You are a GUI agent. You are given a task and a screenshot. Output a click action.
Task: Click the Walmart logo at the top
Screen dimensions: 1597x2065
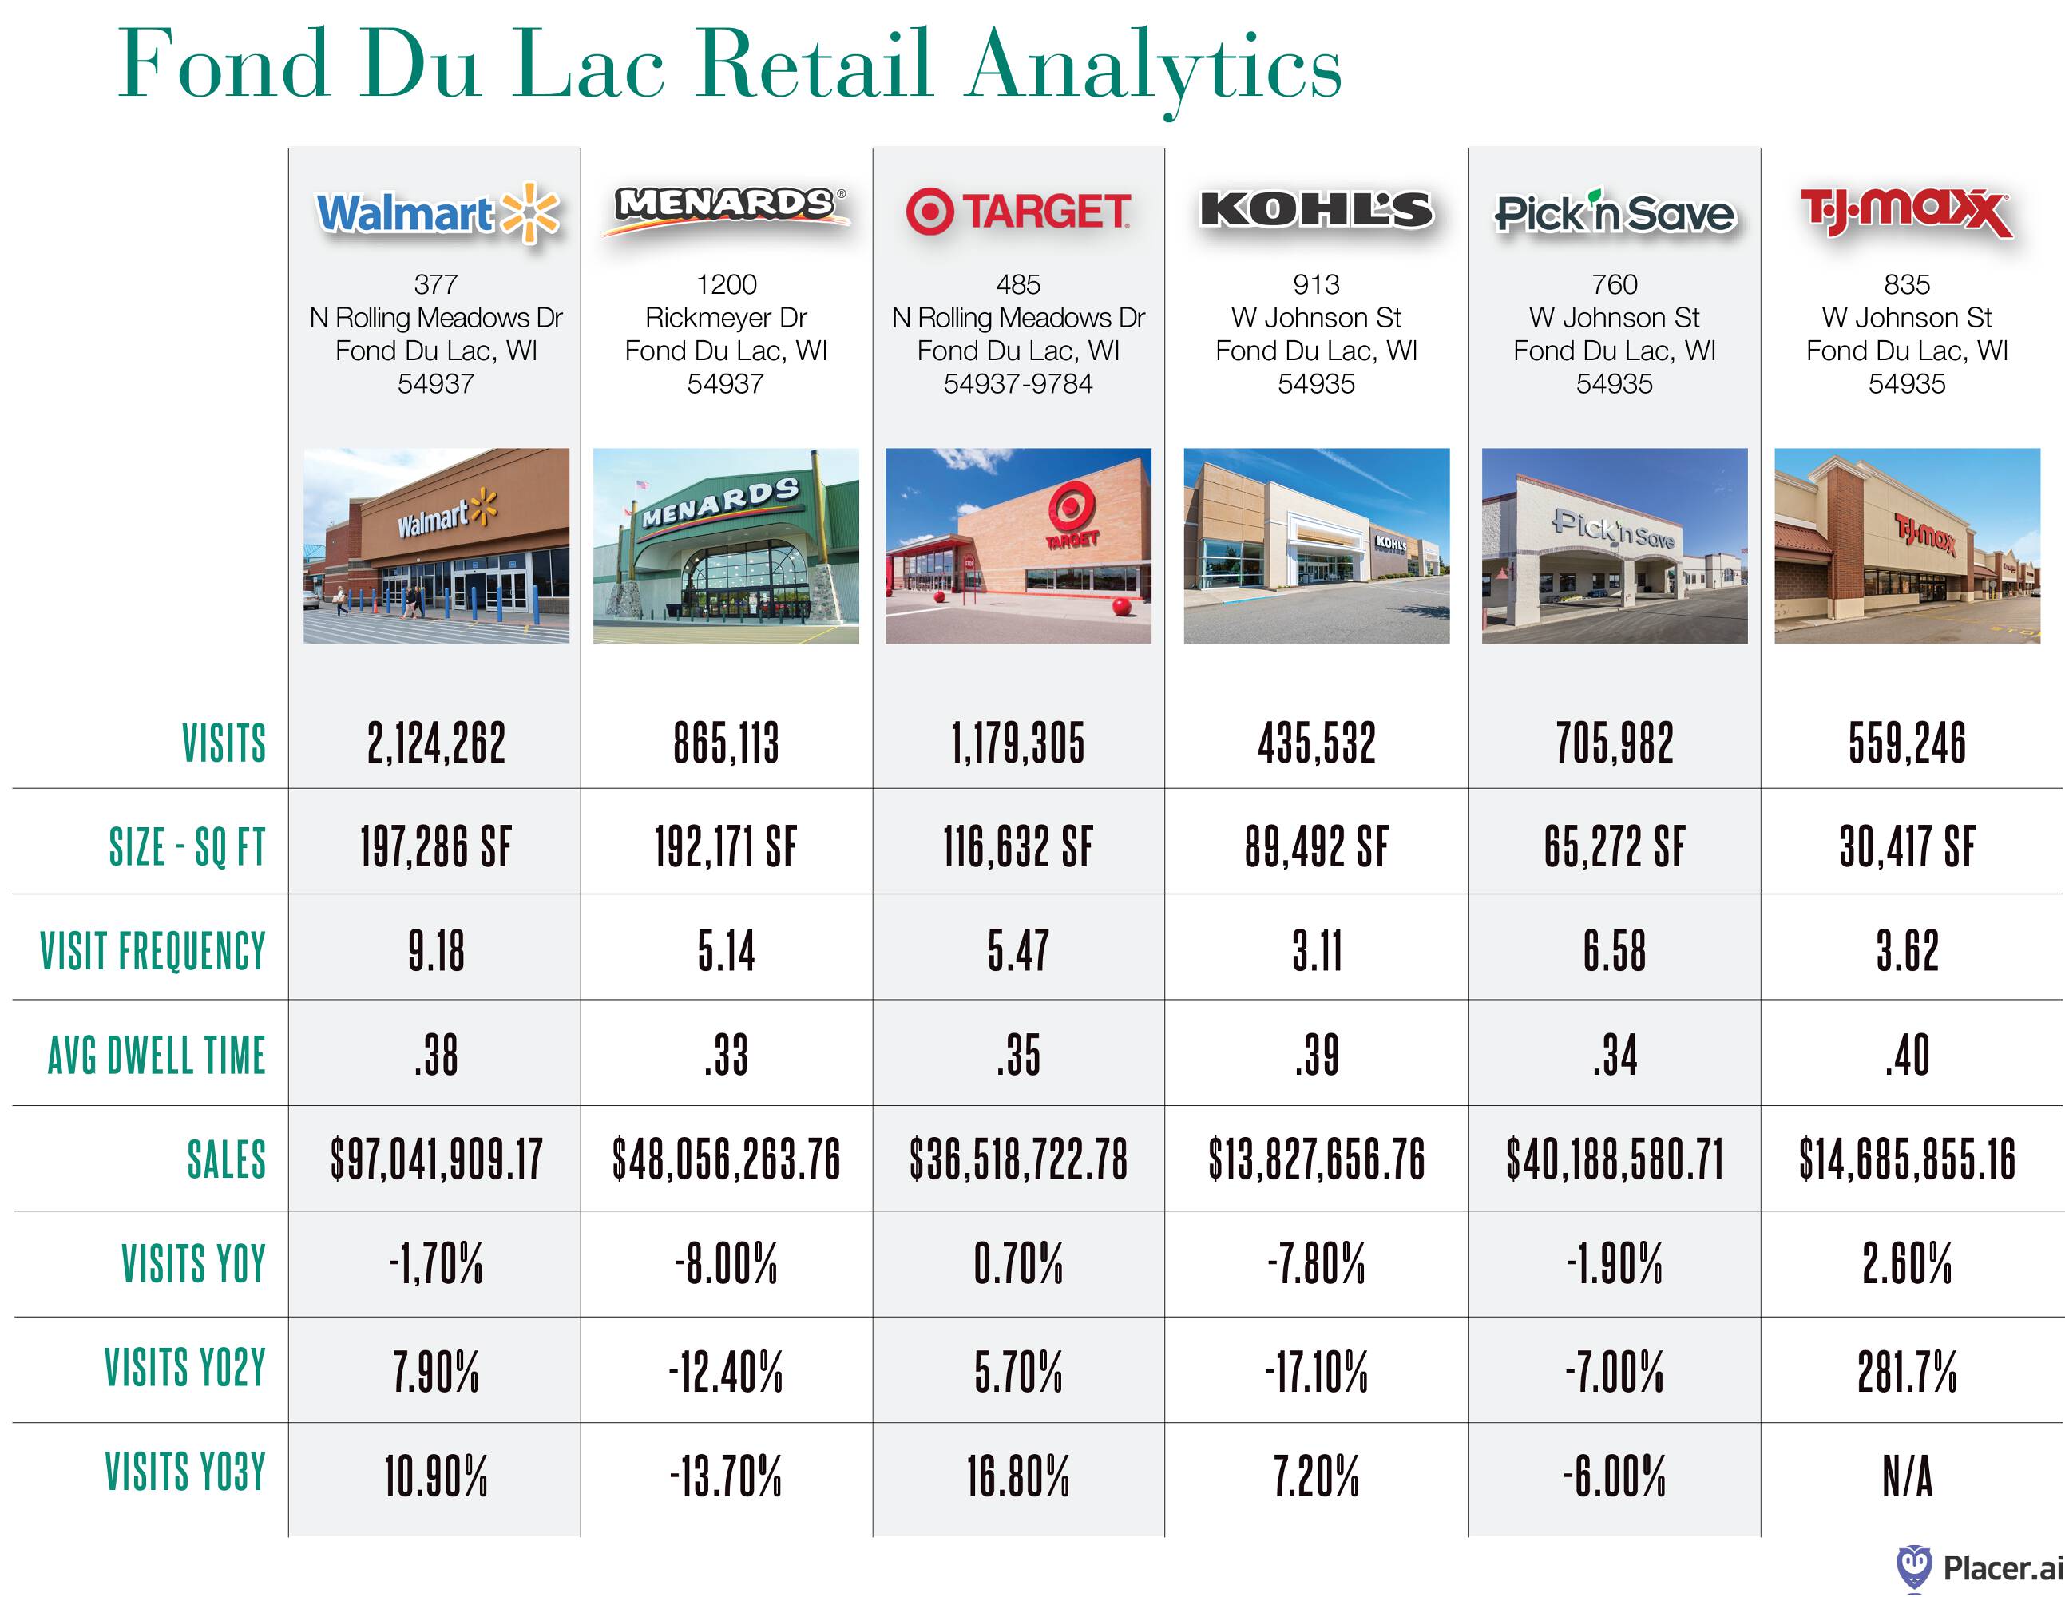pyautogui.click(x=437, y=212)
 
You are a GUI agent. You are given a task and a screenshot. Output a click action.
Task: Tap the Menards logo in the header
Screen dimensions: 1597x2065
pyautogui.click(x=726, y=207)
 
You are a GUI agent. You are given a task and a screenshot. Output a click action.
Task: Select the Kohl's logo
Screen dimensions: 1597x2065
pyautogui.click(x=1316, y=210)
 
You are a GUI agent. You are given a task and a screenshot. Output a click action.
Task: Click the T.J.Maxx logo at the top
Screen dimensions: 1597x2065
pyautogui.click(x=1906, y=212)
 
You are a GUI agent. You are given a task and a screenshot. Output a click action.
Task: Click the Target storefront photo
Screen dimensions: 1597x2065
pyautogui.click(x=1018, y=545)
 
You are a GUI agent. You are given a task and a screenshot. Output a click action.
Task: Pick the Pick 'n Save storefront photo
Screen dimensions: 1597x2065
pyautogui.click(x=1614, y=545)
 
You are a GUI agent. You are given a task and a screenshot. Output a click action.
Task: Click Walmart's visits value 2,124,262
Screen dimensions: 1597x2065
pyautogui.click(x=436, y=743)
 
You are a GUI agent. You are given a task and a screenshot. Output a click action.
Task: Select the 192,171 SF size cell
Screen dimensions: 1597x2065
pyautogui.click(x=726, y=847)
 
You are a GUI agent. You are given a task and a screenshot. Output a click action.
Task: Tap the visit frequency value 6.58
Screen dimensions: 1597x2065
pyautogui.click(x=1614, y=951)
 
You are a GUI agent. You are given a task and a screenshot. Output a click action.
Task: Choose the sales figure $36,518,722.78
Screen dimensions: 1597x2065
pyautogui.click(x=1018, y=1160)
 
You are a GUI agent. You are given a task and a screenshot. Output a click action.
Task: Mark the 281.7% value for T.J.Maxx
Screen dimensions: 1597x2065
pyautogui.click(x=1906, y=1371)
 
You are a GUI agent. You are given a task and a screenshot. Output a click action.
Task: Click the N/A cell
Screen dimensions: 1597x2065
pyautogui.click(x=1906, y=1476)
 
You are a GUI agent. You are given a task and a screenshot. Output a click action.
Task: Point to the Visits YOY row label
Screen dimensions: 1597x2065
pyautogui.click(x=194, y=1264)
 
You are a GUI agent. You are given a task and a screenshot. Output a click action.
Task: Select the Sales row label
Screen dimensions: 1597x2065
pyautogui.click(x=227, y=1160)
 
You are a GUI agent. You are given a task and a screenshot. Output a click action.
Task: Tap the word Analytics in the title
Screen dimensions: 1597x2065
pyautogui.click(x=1154, y=66)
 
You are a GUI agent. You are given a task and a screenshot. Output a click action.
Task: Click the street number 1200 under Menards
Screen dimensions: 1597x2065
pyautogui.click(x=726, y=284)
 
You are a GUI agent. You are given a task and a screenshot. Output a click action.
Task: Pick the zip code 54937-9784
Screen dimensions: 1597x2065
pyautogui.click(x=1018, y=384)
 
